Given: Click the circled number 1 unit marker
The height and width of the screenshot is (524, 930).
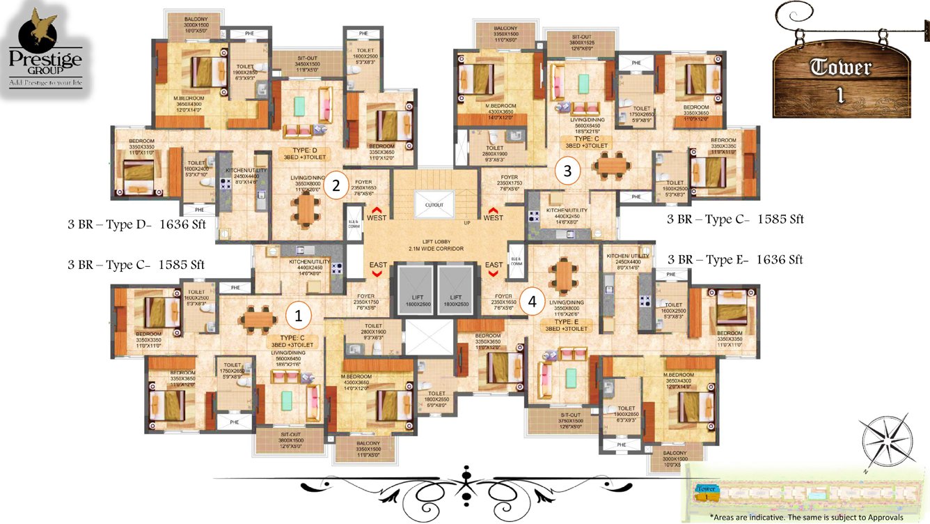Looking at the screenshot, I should (x=299, y=316).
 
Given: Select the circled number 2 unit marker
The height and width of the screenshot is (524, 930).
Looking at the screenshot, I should (x=336, y=185).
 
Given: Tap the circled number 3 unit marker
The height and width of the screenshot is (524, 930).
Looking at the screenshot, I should (x=567, y=169).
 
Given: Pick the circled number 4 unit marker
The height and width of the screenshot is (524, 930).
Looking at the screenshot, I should (x=533, y=302).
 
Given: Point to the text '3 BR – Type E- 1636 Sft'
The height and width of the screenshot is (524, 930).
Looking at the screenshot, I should (x=735, y=260).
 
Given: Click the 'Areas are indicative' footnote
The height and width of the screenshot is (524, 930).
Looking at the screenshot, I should (x=806, y=517).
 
